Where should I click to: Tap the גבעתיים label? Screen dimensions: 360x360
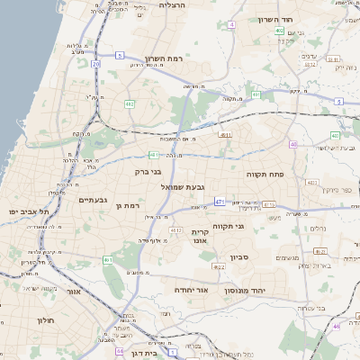click(94, 200)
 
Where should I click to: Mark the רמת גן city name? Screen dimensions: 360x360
click(130, 206)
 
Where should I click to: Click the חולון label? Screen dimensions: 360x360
click(46, 320)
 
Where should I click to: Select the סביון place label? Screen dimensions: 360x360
click(253, 258)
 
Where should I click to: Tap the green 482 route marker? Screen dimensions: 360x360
click(130, 104)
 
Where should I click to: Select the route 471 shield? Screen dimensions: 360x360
click(220, 202)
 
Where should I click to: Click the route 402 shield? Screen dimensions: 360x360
click(280, 31)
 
